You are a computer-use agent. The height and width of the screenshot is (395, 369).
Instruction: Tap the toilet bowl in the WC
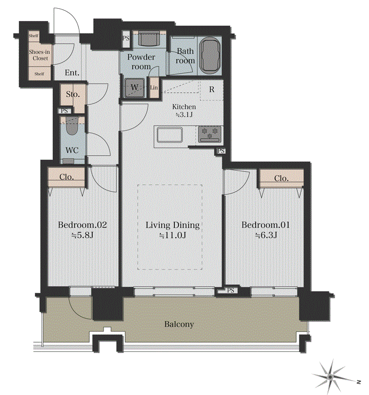click(x=72, y=128)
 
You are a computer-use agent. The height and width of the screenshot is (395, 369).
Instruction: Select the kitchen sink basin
click(x=170, y=135)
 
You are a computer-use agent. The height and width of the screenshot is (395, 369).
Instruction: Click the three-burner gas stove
click(x=210, y=134)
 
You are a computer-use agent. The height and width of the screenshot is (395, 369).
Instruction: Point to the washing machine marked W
click(x=135, y=88)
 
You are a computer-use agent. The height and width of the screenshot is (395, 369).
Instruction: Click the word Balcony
click(x=179, y=324)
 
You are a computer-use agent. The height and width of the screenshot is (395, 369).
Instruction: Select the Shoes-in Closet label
click(x=39, y=55)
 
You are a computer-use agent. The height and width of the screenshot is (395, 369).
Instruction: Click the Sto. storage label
click(x=73, y=94)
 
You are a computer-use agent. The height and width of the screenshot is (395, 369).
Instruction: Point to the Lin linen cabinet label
click(x=154, y=88)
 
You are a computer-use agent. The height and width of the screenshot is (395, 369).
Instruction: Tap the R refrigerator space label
click(x=212, y=90)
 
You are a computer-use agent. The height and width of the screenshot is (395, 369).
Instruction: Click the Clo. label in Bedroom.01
click(x=281, y=178)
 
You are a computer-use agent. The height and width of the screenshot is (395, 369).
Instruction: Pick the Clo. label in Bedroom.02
click(x=67, y=177)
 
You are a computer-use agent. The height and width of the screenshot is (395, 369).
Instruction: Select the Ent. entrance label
click(x=72, y=73)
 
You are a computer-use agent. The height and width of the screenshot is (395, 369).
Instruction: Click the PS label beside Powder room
click(x=126, y=38)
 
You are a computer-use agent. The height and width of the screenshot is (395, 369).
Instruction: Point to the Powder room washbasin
click(x=149, y=39)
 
